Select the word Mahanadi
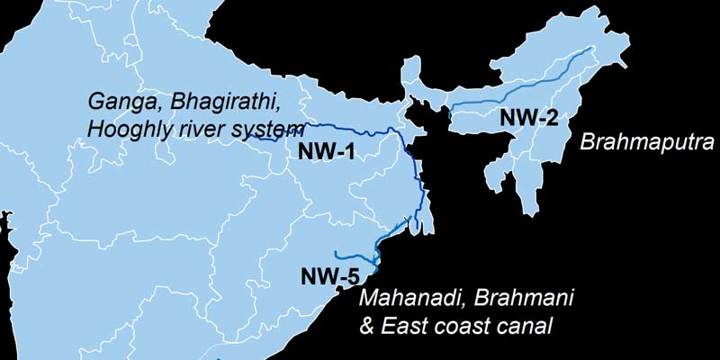coord(402,297)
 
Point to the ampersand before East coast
coord(365,324)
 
